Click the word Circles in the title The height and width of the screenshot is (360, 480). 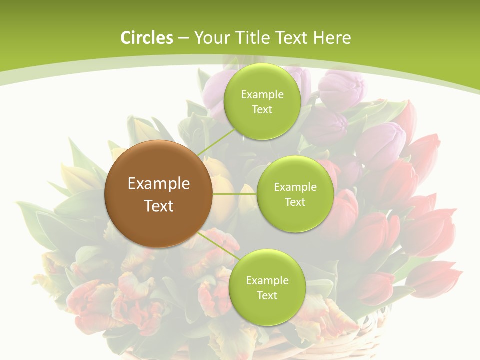(x=146, y=38)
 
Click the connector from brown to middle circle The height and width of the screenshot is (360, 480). (x=234, y=193)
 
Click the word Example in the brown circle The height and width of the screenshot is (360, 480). (x=158, y=184)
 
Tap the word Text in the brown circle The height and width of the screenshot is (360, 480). (x=158, y=206)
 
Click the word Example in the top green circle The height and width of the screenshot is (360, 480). (x=262, y=95)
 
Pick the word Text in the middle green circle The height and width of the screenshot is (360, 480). (x=295, y=202)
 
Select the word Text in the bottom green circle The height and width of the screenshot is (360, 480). (x=267, y=295)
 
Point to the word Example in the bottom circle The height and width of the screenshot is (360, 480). (x=267, y=281)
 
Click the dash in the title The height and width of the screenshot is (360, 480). (x=183, y=38)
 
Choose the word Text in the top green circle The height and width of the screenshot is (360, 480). (x=262, y=110)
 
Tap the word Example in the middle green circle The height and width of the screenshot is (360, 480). (x=295, y=187)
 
